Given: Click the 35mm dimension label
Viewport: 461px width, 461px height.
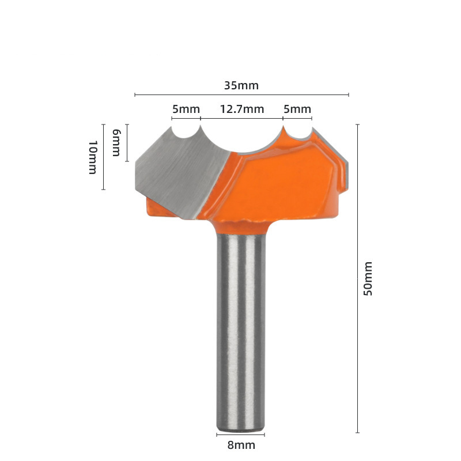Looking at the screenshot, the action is click(x=241, y=85).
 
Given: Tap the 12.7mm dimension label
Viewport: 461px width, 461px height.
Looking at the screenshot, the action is click(x=242, y=109).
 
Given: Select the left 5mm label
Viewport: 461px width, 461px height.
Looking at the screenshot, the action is click(x=186, y=109).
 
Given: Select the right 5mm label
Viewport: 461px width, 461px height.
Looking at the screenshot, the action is click(x=297, y=109).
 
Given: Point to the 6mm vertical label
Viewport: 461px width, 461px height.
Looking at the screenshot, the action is click(x=116, y=142).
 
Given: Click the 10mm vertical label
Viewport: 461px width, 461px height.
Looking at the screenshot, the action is click(x=93, y=157).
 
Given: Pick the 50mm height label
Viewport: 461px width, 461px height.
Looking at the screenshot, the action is click(x=368, y=278).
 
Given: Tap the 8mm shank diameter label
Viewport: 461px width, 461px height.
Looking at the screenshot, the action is click(x=241, y=445).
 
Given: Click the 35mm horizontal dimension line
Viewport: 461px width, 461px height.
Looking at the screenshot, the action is click(x=241, y=95).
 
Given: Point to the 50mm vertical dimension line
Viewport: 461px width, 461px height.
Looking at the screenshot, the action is click(x=357, y=278).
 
